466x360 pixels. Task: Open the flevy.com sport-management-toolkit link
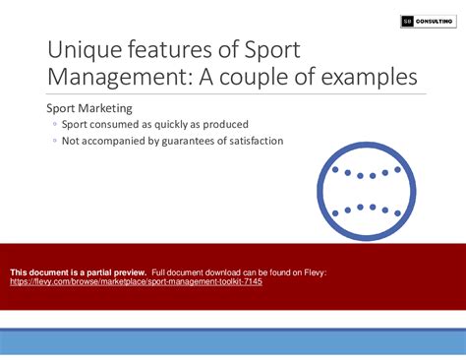(136, 280)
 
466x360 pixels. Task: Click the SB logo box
(408, 21)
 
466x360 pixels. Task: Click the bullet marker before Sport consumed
(55, 125)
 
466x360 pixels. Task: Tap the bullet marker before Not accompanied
(55, 141)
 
